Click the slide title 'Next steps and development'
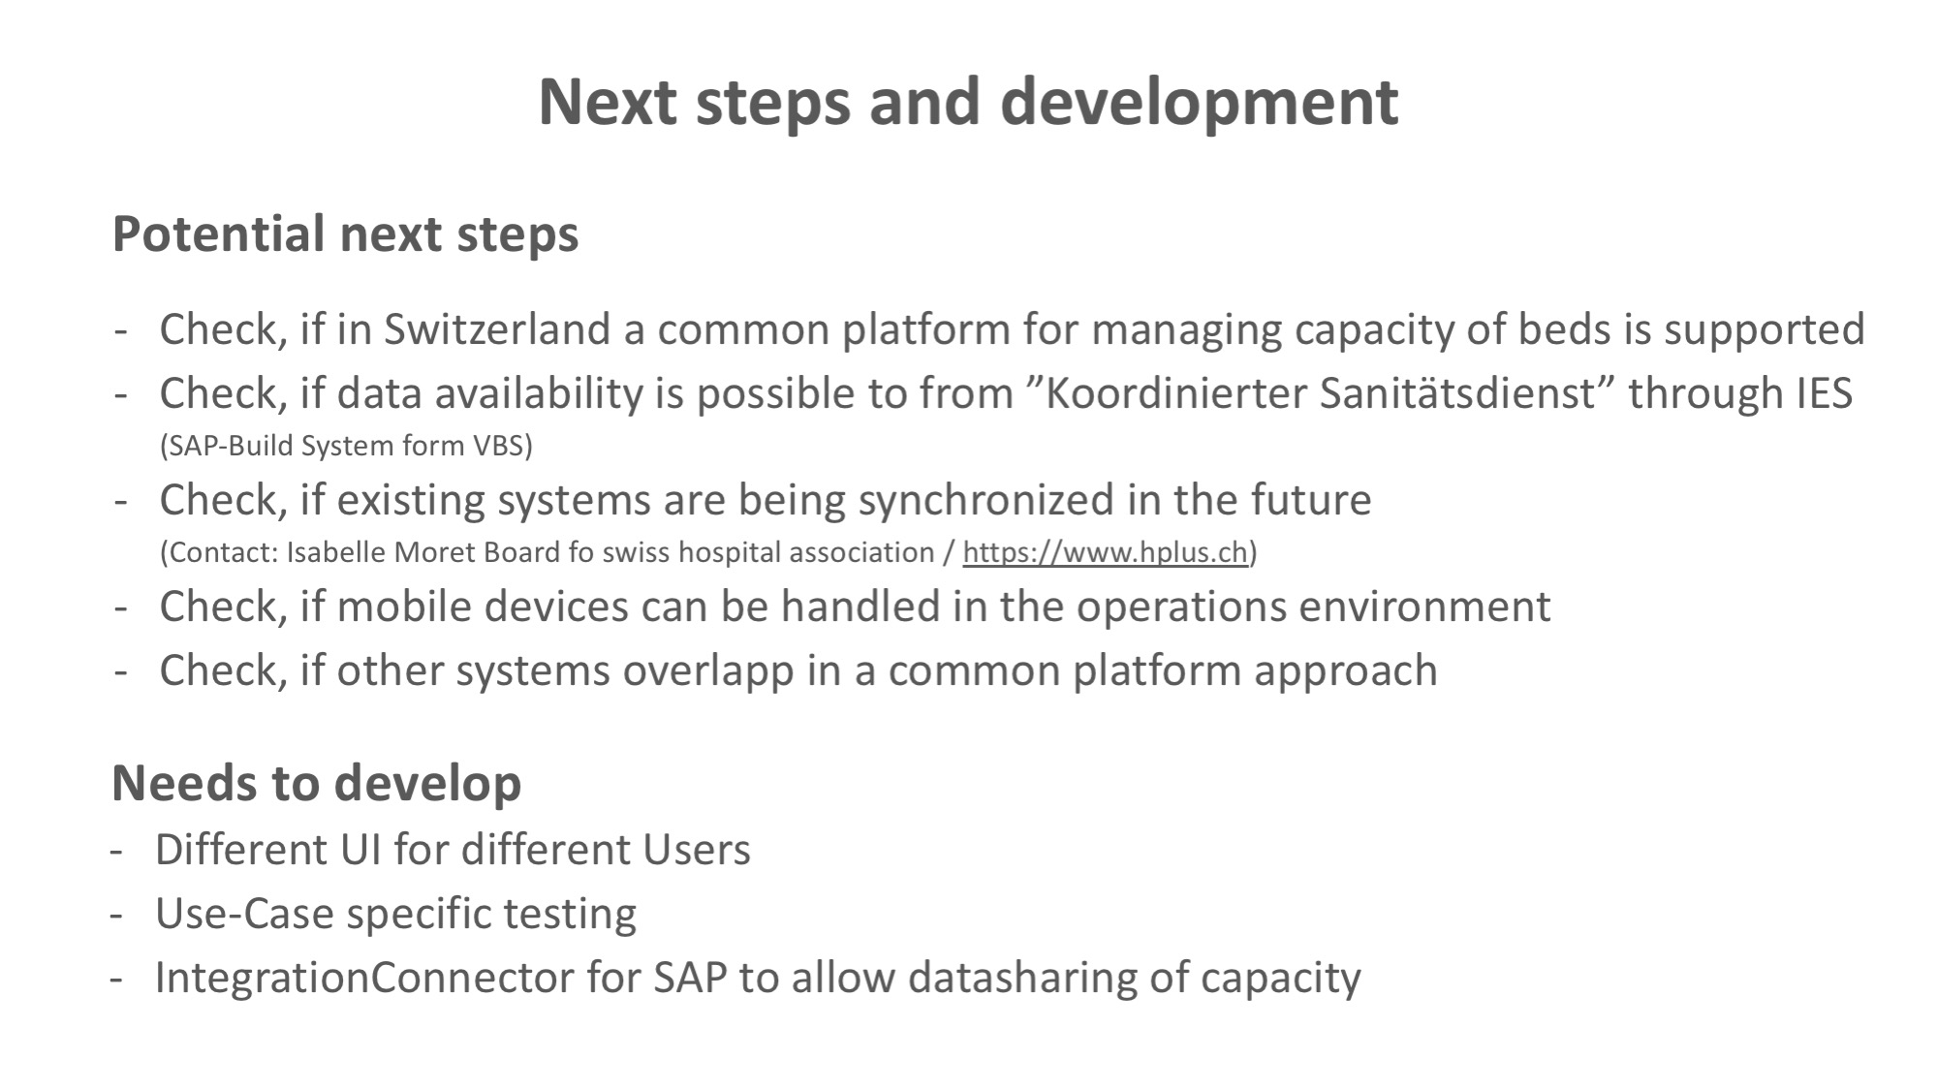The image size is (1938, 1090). point(968,103)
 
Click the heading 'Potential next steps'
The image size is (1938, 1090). point(346,234)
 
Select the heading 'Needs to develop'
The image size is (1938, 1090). point(317,784)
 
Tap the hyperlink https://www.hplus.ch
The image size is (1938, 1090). point(1105,552)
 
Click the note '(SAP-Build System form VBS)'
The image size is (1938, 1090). point(346,446)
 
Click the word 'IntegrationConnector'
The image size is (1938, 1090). point(364,978)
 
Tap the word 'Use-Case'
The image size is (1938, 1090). point(244,914)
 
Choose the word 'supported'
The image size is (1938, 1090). point(1765,330)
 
